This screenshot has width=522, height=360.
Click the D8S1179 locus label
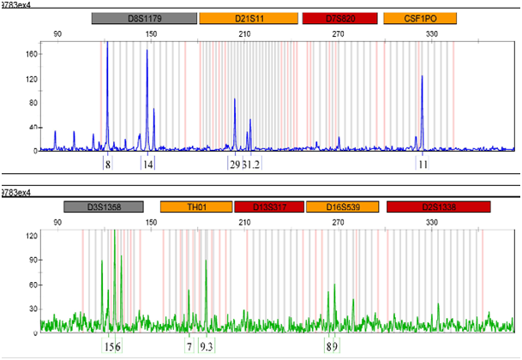coord(142,18)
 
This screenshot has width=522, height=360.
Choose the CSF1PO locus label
coord(420,18)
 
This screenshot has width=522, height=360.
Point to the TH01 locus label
coord(196,207)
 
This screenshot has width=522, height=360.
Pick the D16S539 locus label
coord(343,207)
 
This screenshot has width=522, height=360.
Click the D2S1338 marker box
coord(438,207)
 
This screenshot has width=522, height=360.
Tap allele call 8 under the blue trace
coord(108,164)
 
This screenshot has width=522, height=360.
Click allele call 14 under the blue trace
coord(148,164)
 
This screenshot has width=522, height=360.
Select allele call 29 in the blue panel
coord(235,164)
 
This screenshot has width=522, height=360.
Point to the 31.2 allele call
coord(252,164)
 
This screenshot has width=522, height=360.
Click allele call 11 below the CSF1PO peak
coord(423,164)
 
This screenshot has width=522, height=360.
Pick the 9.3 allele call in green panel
coord(207,346)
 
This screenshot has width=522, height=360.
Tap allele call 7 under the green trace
coord(189,346)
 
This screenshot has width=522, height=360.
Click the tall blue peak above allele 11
coord(423,78)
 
